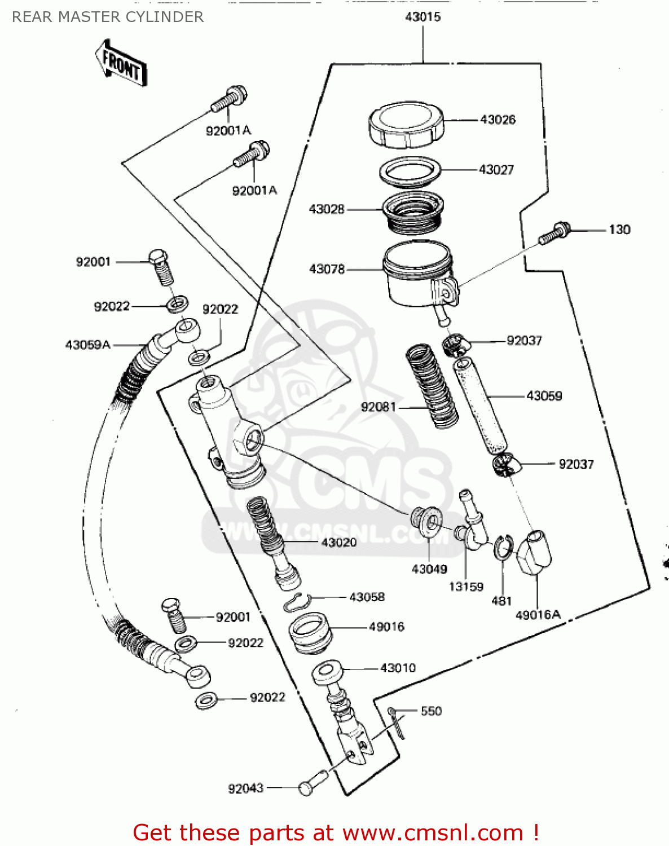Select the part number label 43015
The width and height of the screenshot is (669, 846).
point(422,17)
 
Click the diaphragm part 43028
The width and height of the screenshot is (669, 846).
point(412,213)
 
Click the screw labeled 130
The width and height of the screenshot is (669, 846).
point(554,233)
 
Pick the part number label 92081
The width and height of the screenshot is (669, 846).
point(378,407)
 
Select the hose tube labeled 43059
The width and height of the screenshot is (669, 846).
point(480,406)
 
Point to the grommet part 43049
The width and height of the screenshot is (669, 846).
point(426,520)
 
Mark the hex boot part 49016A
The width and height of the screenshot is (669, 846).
point(534,553)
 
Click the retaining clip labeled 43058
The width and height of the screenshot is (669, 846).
point(296,603)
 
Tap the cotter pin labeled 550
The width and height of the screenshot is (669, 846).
point(397,722)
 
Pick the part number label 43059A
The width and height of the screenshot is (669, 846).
point(87,345)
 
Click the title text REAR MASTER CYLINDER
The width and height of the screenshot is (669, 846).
point(108,17)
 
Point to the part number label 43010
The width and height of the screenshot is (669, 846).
point(398,668)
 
